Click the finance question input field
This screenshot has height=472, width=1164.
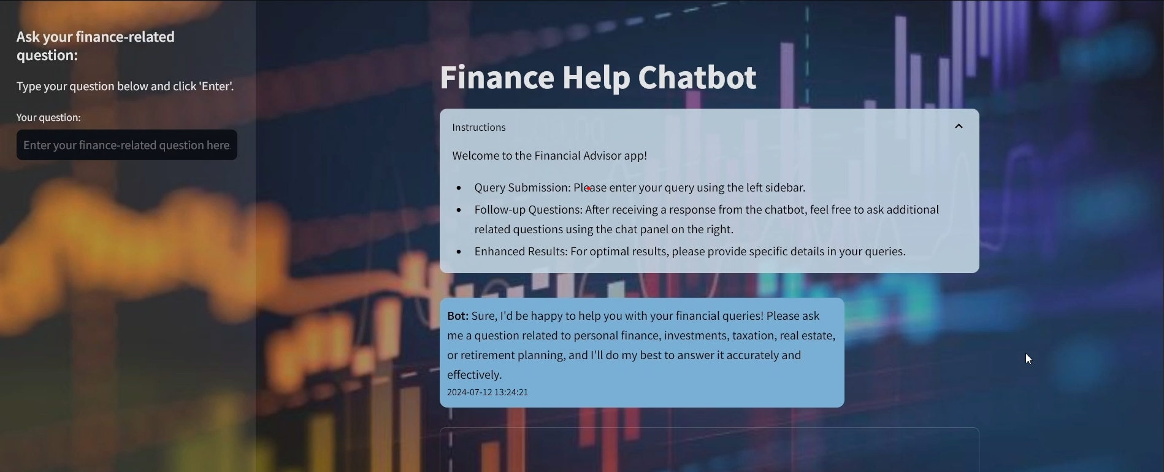pyautogui.click(x=126, y=145)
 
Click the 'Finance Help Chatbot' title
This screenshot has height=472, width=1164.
pyautogui.click(x=599, y=78)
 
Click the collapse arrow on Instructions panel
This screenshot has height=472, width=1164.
pyautogui.click(x=959, y=126)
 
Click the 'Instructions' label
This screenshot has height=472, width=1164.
pyautogui.click(x=479, y=128)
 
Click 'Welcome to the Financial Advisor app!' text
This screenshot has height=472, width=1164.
pyautogui.click(x=549, y=156)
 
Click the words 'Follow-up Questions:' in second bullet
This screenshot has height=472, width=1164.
pyautogui.click(x=528, y=210)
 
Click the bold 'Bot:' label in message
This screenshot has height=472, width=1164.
pyautogui.click(x=458, y=316)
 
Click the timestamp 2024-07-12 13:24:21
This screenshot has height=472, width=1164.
pyautogui.click(x=488, y=392)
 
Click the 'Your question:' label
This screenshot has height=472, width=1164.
pyautogui.click(x=48, y=118)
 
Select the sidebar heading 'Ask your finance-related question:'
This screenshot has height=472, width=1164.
pyautogui.click(x=96, y=46)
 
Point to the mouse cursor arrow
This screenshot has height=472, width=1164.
pyautogui.click(x=1028, y=359)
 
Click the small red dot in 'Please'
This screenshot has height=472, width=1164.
pyautogui.click(x=589, y=188)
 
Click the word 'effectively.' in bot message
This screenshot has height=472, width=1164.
pyautogui.click(x=475, y=375)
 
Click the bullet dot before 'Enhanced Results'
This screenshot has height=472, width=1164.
pyautogui.click(x=459, y=252)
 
